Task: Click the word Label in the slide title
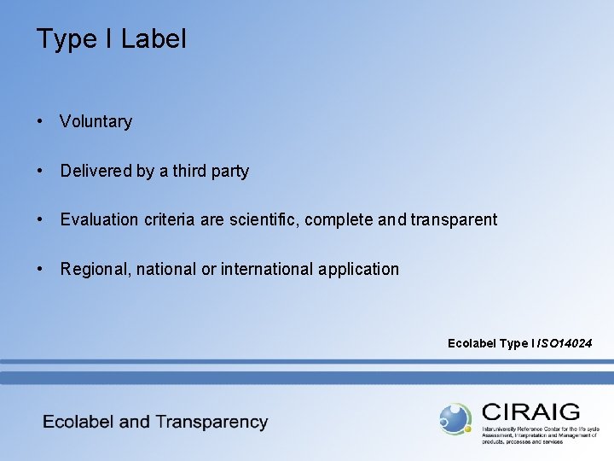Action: pos(153,39)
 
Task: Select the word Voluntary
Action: pos(96,122)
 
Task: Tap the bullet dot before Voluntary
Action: pos(40,121)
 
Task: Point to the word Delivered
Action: pos(96,171)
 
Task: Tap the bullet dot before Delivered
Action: pos(40,171)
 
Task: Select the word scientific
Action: pos(258,220)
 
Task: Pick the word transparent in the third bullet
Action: pos(454,220)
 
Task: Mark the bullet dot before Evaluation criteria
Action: pos(40,219)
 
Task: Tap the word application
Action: pos(358,270)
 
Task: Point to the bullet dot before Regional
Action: pos(40,269)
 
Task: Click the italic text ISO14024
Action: pos(563,344)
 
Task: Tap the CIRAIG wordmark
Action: pos(530,412)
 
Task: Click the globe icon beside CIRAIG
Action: pos(455,418)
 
